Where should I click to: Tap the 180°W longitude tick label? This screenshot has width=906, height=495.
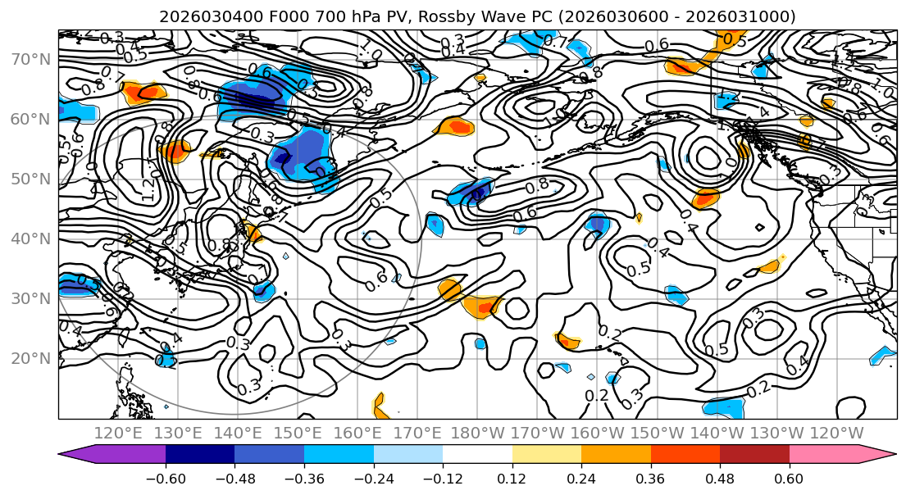(x=477, y=433)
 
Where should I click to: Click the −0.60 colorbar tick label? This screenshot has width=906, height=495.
(x=165, y=478)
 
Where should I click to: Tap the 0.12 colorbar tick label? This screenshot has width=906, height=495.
(x=512, y=478)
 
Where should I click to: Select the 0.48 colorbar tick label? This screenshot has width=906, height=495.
(x=720, y=478)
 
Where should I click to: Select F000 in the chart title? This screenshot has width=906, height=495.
(x=269, y=16)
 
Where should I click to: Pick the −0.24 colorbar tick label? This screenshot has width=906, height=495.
(x=373, y=478)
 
